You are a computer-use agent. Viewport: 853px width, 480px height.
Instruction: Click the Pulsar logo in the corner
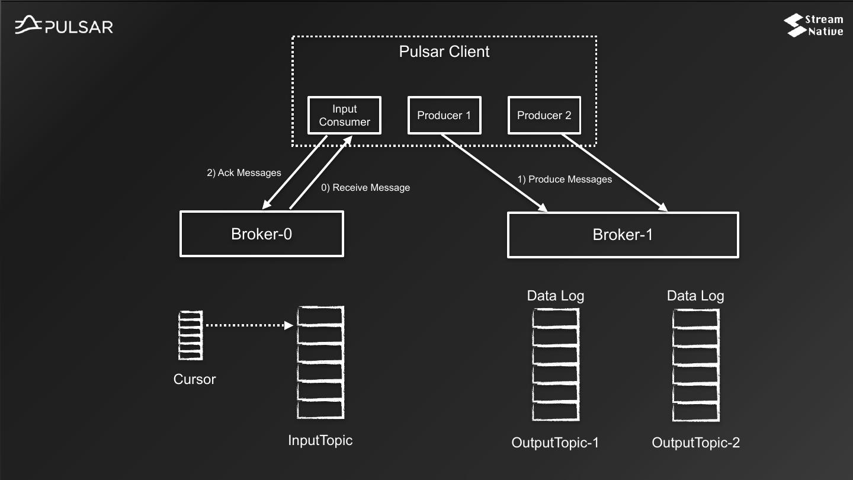tap(64, 25)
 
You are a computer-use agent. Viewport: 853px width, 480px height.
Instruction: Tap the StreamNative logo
tap(813, 25)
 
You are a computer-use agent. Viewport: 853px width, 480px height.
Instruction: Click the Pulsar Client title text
tap(444, 52)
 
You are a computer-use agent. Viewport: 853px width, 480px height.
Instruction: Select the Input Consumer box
tap(344, 116)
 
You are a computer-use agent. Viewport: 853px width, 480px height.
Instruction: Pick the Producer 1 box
tap(444, 116)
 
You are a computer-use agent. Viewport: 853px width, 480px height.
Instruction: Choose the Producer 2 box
tap(544, 116)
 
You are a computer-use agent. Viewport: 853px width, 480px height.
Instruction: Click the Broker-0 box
tap(261, 234)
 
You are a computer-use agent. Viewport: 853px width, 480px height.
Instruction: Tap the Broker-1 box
tap(623, 235)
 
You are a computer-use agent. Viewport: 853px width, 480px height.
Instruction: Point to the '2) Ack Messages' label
tap(243, 173)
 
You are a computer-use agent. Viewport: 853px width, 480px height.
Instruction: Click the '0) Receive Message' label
tap(365, 188)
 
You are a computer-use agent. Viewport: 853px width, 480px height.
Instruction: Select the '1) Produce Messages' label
tap(565, 179)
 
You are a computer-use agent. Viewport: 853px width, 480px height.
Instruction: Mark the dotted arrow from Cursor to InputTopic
tap(249, 325)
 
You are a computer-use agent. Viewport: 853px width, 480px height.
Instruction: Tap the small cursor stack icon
tap(190, 335)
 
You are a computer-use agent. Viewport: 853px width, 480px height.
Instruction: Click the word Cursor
tap(194, 379)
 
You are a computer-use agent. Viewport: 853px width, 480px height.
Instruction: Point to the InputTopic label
tap(320, 440)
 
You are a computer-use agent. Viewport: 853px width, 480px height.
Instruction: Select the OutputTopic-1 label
tap(555, 443)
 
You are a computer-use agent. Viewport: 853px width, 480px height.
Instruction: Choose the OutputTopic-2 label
tap(695, 443)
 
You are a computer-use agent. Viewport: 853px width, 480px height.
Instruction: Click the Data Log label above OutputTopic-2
tap(695, 296)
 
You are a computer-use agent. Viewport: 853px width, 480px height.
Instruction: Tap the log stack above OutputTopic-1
tap(555, 364)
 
